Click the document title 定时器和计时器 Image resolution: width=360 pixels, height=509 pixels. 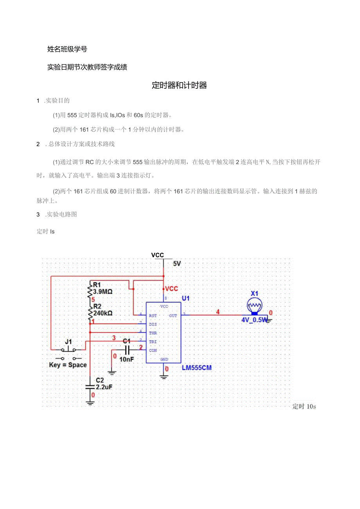point(179,86)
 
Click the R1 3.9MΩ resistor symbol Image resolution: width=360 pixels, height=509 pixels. point(90,291)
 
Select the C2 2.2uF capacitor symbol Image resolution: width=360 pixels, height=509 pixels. point(90,386)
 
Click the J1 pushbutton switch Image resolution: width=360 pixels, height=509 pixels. point(69,349)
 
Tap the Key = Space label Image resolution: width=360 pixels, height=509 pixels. point(68,365)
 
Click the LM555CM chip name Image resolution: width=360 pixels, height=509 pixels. point(196,368)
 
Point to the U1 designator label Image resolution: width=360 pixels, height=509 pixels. point(186,299)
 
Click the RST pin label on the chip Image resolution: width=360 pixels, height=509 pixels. point(153,315)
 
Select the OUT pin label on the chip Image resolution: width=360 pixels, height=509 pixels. point(173,315)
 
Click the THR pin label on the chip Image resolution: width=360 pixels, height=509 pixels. point(153,333)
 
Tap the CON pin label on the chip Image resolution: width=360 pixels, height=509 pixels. point(153,351)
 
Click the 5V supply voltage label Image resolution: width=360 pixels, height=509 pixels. point(177,264)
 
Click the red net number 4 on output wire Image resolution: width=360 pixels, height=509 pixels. point(218,312)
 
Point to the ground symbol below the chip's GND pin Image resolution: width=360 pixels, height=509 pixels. point(164,376)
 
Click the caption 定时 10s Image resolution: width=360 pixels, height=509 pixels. point(304,406)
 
